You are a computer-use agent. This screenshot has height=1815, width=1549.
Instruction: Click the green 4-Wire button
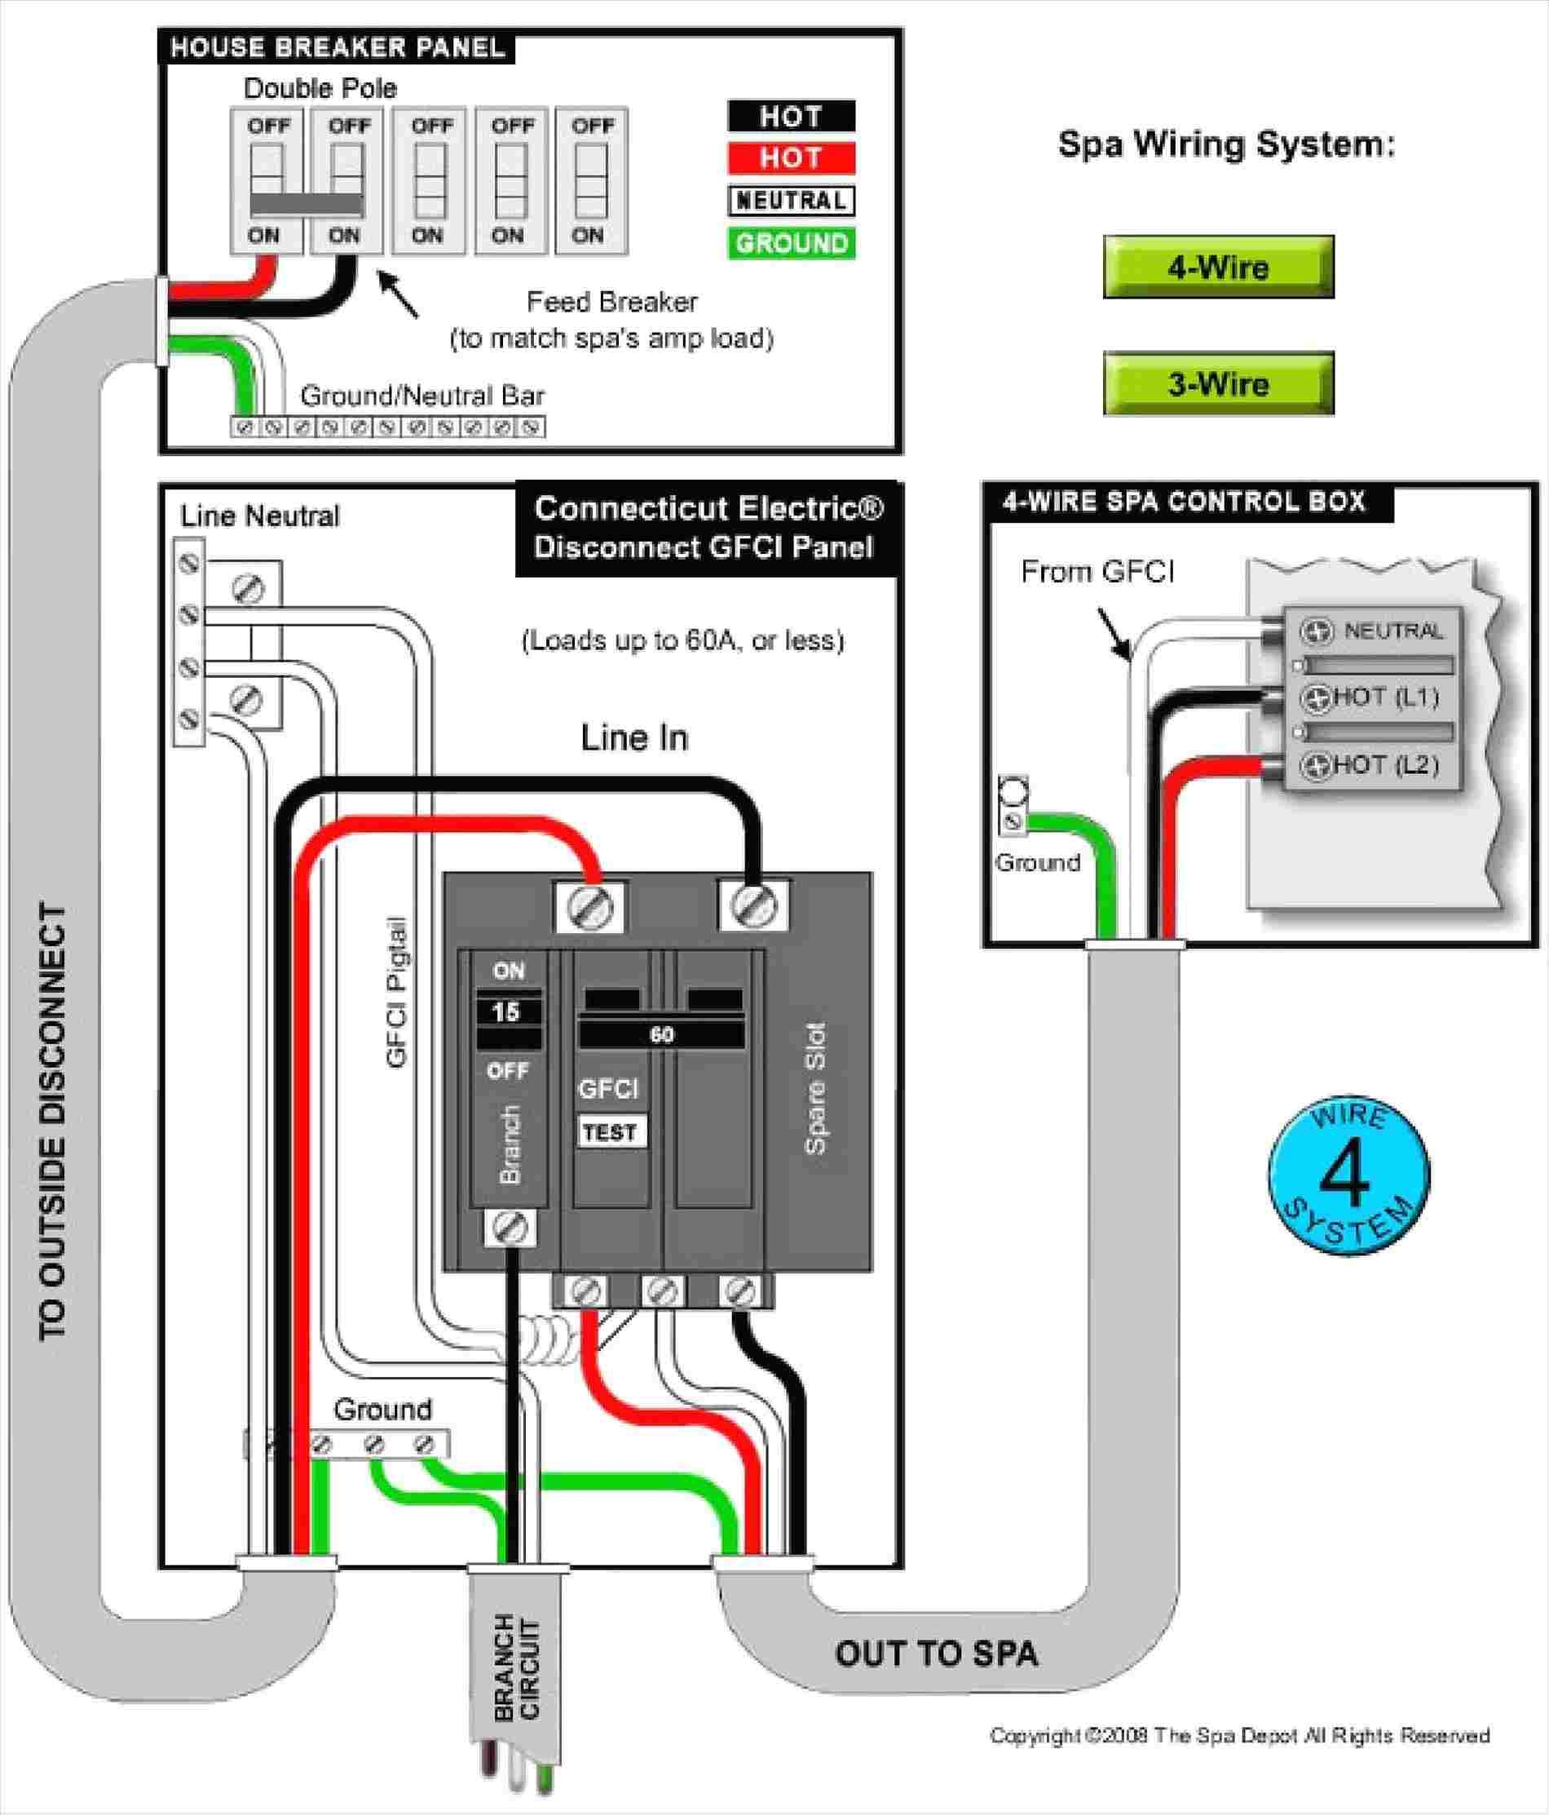click(1218, 268)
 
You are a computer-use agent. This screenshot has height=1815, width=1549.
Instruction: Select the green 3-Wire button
click(1218, 383)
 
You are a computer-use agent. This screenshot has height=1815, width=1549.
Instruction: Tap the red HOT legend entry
click(791, 158)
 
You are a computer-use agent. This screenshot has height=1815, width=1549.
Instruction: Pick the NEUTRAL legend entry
click(791, 201)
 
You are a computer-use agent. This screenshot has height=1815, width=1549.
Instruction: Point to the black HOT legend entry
click(791, 117)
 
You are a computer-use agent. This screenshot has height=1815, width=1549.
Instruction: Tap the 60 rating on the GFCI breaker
click(661, 1034)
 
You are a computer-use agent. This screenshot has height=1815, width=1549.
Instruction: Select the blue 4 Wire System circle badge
click(1348, 1175)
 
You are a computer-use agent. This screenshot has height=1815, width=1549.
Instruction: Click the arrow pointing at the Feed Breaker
click(398, 295)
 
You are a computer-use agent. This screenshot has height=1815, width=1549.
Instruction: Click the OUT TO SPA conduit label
click(936, 1653)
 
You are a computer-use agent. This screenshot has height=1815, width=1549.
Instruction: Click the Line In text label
click(635, 737)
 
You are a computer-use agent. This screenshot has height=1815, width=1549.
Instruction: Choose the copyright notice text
click(1239, 1736)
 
